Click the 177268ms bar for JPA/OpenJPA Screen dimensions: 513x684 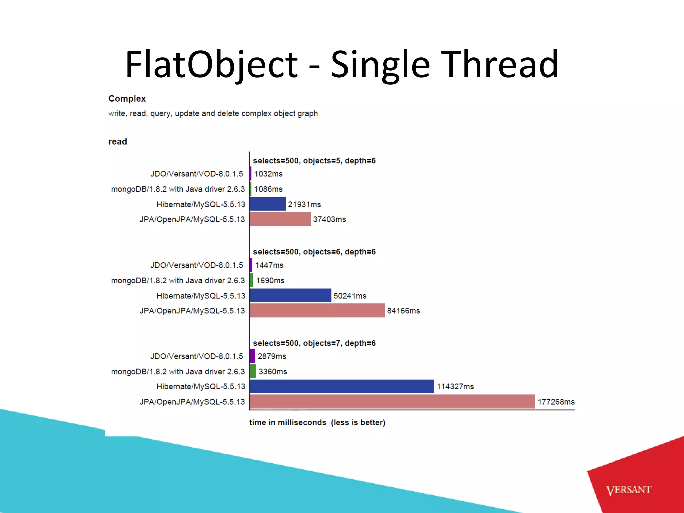click(x=392, y=401)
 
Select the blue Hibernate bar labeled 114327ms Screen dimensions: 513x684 click(x=342, y=386)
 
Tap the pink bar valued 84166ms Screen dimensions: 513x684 click(x=317, y=310)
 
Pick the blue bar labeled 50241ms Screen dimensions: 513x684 click(x=291, y=295)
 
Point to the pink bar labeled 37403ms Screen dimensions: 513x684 click(x=280, y=219)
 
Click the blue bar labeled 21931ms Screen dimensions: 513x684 click(x=268, y=204)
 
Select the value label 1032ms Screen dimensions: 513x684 click(x=268, y=174)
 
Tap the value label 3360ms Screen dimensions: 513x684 click(x=273, y=371)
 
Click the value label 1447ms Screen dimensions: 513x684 click(x=269, y=265)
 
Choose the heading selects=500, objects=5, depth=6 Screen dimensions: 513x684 click(x=314, y=161)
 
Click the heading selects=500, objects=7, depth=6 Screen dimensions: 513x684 click(x=314, y=343)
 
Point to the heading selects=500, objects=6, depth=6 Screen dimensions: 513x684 click(x=314, y=252)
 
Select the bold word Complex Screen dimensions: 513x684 click(x=127, y=99)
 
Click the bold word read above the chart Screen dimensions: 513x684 click(x=118, y=142)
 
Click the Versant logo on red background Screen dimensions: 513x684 click(x=628, y=490)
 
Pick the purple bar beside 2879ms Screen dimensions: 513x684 click(x=252, y=356)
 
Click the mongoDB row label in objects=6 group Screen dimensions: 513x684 click(x=178, y=280)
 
